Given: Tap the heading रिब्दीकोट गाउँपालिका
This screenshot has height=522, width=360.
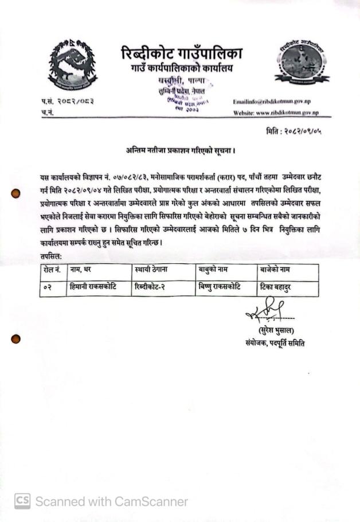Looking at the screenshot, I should pyautogui.click(x=182, y=54).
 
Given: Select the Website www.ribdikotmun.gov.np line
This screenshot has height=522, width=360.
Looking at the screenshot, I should pyautogui.click(x=276, y=112).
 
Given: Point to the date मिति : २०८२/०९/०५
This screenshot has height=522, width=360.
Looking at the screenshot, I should pyautogui.click(x=294, y=131).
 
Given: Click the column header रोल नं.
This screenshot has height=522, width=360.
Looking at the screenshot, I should pyautogui.click(x=53, y=269).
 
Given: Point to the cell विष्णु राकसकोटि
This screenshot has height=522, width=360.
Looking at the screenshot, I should pyautogui.click(x=220, y=286).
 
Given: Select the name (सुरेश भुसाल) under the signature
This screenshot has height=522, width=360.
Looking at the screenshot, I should pyautogui.click(x=273, y=331).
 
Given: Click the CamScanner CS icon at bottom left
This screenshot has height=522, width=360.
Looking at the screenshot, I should pyautogui.click(x=22, y=501).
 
